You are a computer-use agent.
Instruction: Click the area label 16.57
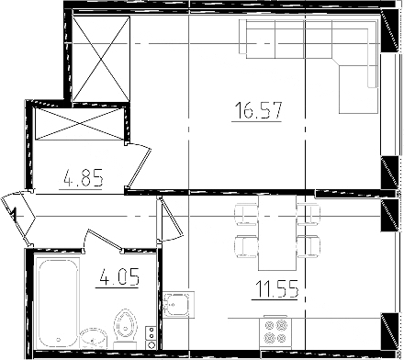click(254, 112)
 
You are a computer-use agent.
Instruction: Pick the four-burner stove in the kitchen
click(276, 332)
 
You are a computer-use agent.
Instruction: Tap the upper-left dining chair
click(245, 215)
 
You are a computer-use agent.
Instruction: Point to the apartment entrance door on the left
click(17, 214)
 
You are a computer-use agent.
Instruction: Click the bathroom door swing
click(103, 242)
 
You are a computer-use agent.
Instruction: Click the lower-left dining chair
click(245, 245)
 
